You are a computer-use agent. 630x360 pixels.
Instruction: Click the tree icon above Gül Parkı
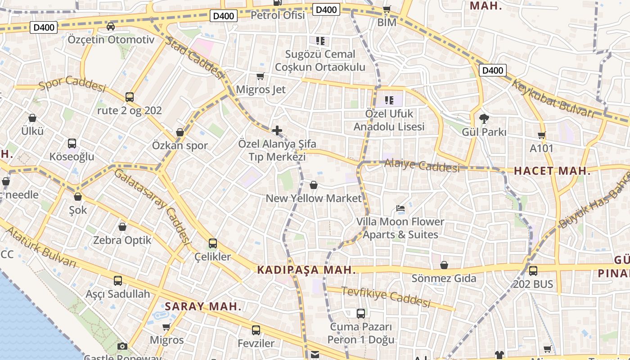(484, 119)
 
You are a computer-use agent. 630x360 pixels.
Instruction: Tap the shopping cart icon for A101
(541, 135)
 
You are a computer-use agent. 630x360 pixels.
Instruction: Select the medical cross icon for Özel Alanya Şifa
(277, 130)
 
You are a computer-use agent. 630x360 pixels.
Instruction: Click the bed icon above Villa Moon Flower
(400, 208)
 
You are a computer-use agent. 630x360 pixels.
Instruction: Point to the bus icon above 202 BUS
(533, 270)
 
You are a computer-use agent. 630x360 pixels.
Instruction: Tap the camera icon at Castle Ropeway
(122, 346)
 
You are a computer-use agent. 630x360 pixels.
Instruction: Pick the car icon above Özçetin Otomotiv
(111, 26)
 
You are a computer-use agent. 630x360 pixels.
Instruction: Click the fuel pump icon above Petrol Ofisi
(278, 3)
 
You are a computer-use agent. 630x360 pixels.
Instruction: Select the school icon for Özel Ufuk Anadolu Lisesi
(389, 100)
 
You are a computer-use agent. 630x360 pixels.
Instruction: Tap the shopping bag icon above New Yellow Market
(314, 184)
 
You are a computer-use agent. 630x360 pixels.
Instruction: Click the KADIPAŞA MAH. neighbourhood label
(306, 270)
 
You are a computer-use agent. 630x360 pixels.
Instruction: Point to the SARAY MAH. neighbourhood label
(203, 307)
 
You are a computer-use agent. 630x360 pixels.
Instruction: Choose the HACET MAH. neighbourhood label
(552, 171)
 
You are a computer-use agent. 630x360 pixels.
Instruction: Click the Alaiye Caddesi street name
(422, 166)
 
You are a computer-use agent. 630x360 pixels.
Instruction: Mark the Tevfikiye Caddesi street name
(386, 297)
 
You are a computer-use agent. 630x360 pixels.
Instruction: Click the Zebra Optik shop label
(122, 240)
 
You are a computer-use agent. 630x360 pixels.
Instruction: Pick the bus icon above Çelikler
(213, 243)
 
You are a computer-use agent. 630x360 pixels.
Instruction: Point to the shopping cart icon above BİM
(387, 9)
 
